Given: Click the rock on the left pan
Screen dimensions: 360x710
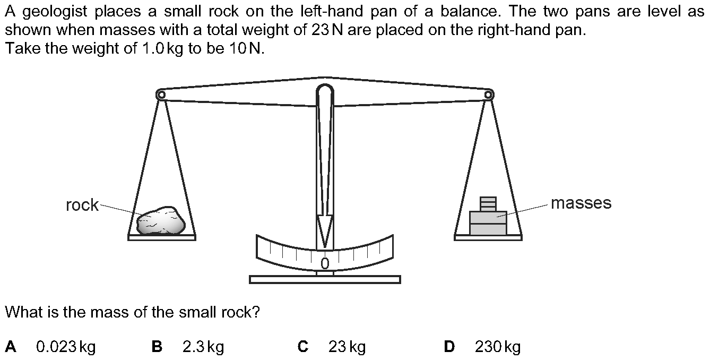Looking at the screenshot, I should (161, 221).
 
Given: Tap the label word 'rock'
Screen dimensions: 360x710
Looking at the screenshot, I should (82, 205).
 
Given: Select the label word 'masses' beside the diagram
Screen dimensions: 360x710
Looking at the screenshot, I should (581, 203).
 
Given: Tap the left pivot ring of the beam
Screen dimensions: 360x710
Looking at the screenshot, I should (161, 95).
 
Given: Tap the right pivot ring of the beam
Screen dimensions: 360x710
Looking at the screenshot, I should (489, 95).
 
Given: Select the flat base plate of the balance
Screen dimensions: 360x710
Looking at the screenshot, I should (325, 279).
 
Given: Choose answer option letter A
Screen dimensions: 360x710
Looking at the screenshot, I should (11, 347).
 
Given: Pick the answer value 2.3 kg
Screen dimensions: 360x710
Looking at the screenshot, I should (203, 347).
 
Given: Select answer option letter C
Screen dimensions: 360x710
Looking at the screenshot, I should (303, 347).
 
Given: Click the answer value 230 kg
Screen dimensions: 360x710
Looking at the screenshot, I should (498, 347).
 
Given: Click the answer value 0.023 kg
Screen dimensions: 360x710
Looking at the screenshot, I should (66, 347).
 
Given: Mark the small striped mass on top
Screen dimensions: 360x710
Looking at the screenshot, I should (488, 203).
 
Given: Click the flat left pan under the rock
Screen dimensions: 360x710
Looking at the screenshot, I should (162, 237).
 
